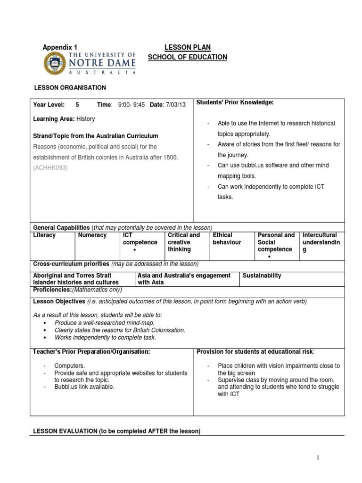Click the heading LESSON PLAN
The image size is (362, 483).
click(x=187, y=47)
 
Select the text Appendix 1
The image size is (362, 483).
click(x=60, y=47)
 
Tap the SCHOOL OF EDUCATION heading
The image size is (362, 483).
click(x=187, y=57)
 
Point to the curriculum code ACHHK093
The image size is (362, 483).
click(x=50, y=167)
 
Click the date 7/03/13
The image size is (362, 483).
click(x=175, y=105)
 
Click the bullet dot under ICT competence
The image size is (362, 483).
click(x=135, y=250)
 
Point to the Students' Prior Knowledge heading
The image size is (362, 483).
click(x=235, y=102)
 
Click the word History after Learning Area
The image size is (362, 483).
click(x=85, y=119)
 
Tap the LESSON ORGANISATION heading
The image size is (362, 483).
click(x=69, y=88)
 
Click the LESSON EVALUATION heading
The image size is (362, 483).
click(x=116, y=431)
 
